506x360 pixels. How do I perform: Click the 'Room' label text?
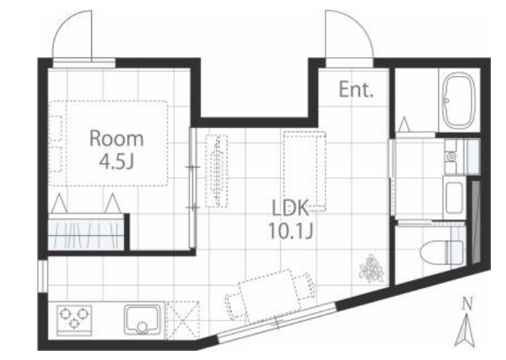[x=116, y=139]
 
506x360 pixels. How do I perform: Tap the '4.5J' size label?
[x=116, y=161]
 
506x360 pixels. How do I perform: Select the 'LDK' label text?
[x=291, y=209]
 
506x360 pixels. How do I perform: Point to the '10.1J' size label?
[x=290, y=231]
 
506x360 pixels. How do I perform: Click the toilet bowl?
[x=442, y=252]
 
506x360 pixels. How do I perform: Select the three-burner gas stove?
[x=75, y=320]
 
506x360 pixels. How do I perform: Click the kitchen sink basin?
[x=142, y=320]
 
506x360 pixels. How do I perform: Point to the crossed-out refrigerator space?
[x=183, y=320]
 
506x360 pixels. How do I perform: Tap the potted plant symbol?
[x=371, y=269]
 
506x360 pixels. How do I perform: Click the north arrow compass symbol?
[x=466, y=332]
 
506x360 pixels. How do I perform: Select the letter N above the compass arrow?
[x=466, y=304]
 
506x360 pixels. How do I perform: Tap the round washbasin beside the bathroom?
[x=451, y=157]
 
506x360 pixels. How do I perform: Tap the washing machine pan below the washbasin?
[x=454, y=198]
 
